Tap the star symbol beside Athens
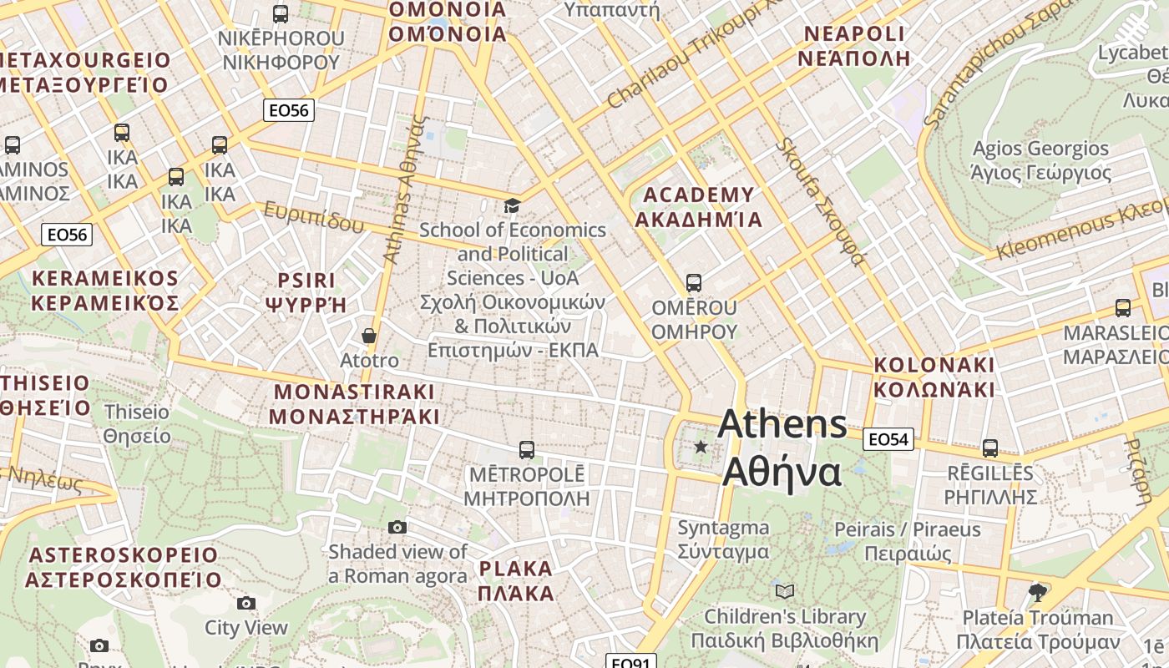tap(701, 448)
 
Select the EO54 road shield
tap(889, 438)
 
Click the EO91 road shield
tap(630, 663)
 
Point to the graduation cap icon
tap(512, 205)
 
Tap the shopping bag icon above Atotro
tap(369, 336)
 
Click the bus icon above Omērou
tap(694, 282)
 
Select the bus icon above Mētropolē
tap(527, 450)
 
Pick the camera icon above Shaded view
tap(397, 527)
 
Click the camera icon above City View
tap(246, 603)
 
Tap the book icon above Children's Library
tap(784, 591)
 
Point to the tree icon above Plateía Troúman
tap(1038, 593)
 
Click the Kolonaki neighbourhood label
tap(934, 377)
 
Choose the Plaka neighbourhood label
tap(516, 581)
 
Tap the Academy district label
tap(698, 207)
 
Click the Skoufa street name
tap(820, 201)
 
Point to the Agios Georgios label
tap(1040, 160)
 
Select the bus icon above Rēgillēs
tap(990, 448)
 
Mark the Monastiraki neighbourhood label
tap(354, 403)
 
